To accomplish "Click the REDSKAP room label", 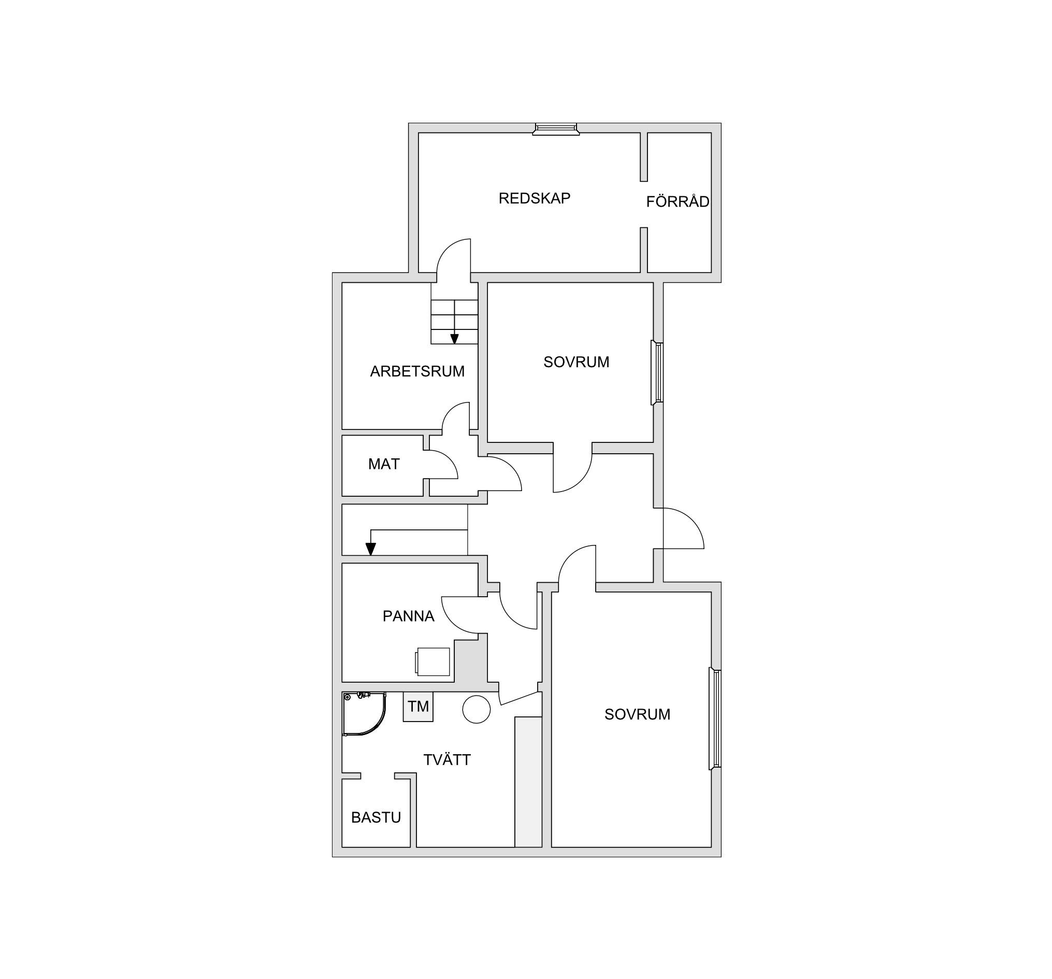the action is click(x=535, y=198).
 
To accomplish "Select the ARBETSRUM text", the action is click(x=417, y=371).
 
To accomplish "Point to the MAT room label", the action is click(x=384, y=464).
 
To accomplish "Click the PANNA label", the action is click(x=409, y=616).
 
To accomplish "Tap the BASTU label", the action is click(x=376, y=817).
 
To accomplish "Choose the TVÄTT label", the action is click(x=446, y=759).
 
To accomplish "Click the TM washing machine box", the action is click(x=418, y=707).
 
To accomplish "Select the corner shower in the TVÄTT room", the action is click(x=364, y=714).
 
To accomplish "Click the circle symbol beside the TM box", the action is click(x=476, y=709).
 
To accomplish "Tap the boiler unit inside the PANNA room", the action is click(x=433, y=661).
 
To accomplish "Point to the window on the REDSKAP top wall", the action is click(x=556, y=129).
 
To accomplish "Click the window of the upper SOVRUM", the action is click(x=657, y=372).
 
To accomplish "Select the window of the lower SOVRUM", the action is click(x=715, y=718).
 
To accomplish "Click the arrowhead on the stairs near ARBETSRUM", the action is click(x=454, y=339).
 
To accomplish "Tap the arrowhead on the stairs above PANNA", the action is click(x=371, y=549).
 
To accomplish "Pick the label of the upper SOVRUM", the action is click(x=577, y=362).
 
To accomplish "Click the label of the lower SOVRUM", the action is click(x=637, y=714).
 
